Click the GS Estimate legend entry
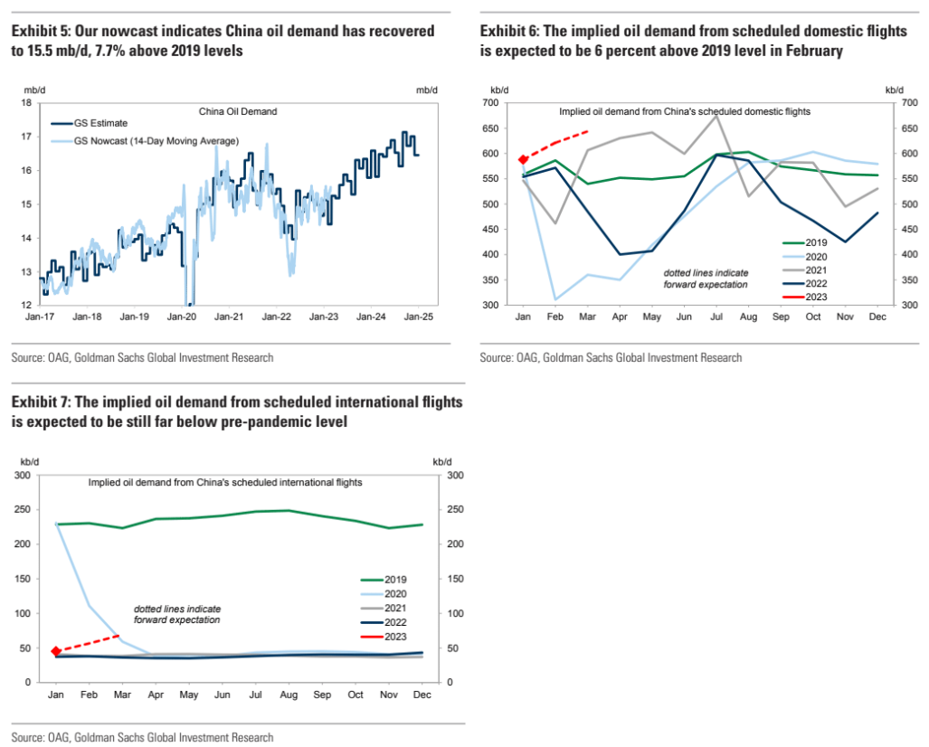tap(100, 123)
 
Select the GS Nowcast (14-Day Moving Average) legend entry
tap(155, 140)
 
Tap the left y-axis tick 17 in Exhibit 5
tap(26, 137)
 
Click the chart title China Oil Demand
tap(237, 112)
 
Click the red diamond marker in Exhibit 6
tap(523, 159)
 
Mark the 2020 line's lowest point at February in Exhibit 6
tap(555, 299)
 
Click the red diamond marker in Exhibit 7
tap(56, 651)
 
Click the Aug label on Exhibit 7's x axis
tap(289, 695)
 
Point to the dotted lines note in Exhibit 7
tap(176, 614)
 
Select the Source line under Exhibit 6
tap(611, 358)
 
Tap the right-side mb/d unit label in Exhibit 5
tap(427, 90)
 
